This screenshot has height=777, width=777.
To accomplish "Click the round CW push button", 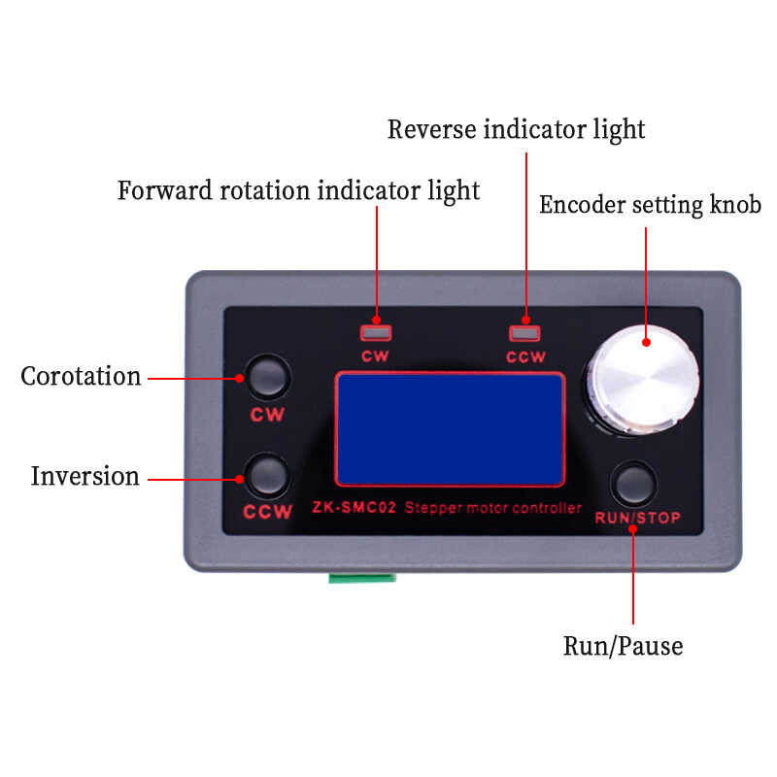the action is coord(268,377).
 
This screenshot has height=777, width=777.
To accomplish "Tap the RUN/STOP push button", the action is coord(634,484).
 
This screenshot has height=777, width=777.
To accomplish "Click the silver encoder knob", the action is coord(643,381).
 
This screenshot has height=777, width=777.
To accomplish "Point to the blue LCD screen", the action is coord(450,429).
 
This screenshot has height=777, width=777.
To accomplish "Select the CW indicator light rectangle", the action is coord(376,333).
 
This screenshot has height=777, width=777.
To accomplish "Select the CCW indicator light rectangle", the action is coord(524,333).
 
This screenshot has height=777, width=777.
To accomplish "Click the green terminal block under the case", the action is coord(362,577).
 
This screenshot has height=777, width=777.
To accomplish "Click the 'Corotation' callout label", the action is coord(81,376).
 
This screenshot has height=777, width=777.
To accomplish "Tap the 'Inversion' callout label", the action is coord(85,476).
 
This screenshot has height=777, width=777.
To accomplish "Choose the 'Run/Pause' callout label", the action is coord(623,647).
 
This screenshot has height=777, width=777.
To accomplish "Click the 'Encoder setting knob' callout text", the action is coord(650,205).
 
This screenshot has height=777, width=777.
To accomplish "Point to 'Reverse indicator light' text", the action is coord(516,130).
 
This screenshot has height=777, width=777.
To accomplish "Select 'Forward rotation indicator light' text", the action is coord(298,191).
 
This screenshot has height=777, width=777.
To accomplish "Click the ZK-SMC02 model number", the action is coord(354,507).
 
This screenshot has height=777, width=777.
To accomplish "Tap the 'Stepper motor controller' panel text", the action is coord(493,508).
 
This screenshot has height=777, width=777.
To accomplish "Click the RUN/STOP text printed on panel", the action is coord(638,518).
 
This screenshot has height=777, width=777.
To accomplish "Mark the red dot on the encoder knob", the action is coord(646,342).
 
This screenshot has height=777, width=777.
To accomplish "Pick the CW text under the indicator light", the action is coord(375,356).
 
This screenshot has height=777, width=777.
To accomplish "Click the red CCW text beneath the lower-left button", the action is coord(268,512).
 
